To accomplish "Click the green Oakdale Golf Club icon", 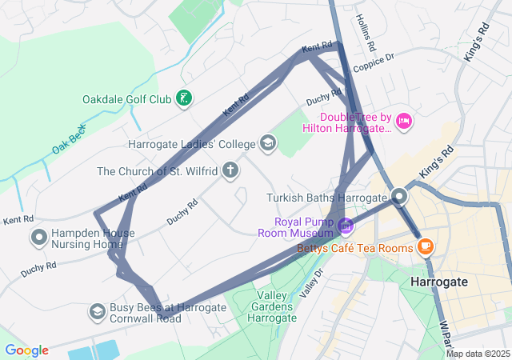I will tap(185, 99).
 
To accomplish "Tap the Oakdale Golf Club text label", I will tap(126, 100).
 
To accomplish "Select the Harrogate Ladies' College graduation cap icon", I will tap(268, 144).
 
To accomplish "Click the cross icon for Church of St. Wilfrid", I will tap(230, 170).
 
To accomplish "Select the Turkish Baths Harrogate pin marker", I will tap(400, 196).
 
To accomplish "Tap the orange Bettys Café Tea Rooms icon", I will tap(424, 246).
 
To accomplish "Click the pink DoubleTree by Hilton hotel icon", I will tap(404, 121).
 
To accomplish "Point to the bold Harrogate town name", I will tap(438, 282).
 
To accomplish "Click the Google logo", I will tap(26, 350).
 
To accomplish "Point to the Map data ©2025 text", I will tap(477, 354).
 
